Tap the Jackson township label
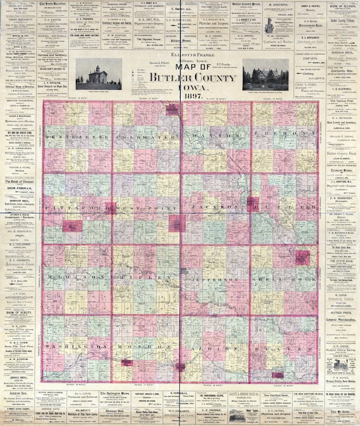coord(215,207)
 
